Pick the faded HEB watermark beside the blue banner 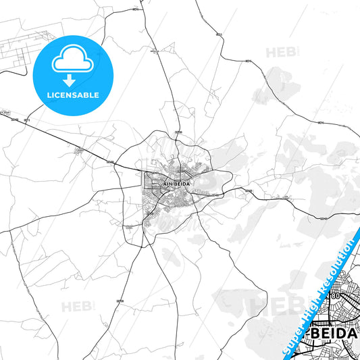[267, 304]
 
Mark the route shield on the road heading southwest [122, 300]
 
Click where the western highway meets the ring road [119, 165]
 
